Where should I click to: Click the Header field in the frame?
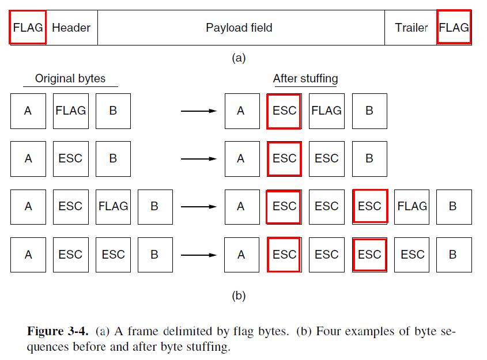pos(71,28)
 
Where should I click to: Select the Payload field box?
pos(239,28)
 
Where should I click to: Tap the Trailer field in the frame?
pos(411,28)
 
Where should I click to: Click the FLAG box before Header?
pos(28,28)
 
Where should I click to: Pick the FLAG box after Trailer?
pos(454,28)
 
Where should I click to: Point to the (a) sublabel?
pos(239,58)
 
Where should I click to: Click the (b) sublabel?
pos(239,296)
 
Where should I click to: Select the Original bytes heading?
pos(70,78)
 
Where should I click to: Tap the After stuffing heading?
pos(305,78)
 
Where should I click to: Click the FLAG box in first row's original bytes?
pos(70,111)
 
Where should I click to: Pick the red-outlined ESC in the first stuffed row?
pos(284,111)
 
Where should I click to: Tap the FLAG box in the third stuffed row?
pos(412,206)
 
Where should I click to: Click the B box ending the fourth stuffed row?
pos(454,255)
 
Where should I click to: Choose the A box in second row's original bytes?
pos(28,158)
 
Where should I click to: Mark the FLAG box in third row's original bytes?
pos(113,206)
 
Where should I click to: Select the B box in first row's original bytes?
pos(113,111)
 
